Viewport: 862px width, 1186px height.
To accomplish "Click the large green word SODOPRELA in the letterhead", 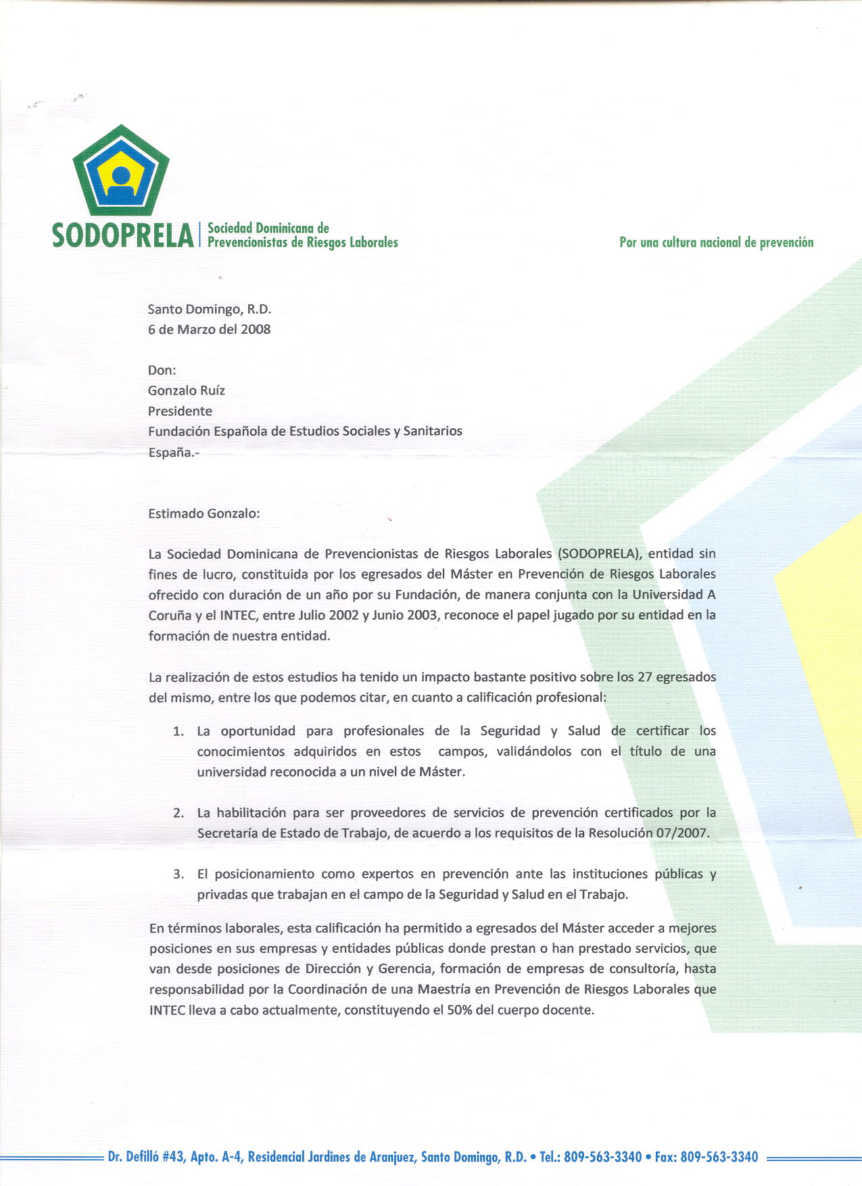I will tap(123, 236).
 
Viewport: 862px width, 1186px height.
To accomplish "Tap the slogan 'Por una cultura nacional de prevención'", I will tap(716, 242).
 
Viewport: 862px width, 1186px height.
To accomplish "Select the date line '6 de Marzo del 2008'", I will tap(209, 330).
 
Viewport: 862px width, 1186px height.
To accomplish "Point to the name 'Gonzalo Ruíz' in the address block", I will tap(186, 391).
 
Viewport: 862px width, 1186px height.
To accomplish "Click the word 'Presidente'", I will tap(180, 411).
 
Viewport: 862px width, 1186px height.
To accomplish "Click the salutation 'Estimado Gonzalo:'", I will tap(203, 514).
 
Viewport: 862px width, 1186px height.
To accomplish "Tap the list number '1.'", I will tap(178, 731).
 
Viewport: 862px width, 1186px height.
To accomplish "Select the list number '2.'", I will tap(178, 813).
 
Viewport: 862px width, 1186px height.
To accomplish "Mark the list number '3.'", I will tap(178, 874).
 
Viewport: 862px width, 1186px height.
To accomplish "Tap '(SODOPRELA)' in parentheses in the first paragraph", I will tap(598, 554).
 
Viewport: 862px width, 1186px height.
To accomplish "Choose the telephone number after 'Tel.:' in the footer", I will tap(602, 1157).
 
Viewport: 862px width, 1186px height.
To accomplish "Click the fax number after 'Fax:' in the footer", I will tap(719, 1157).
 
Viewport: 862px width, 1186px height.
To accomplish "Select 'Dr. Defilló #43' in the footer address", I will tap(145, 1157).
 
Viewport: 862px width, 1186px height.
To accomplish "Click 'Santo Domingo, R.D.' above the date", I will tap(209, 310).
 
